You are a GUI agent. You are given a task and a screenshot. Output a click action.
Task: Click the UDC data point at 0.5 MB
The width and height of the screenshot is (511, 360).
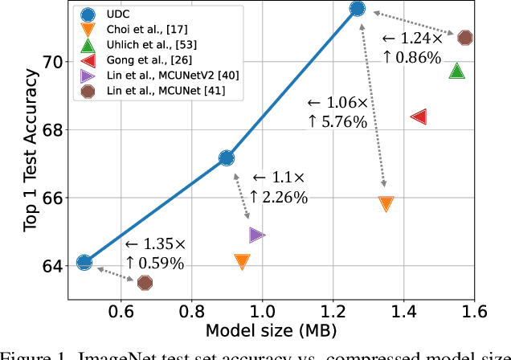click(x=84, y=262)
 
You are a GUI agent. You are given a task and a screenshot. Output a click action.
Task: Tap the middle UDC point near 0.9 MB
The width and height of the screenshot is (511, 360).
click(x=227, y=158)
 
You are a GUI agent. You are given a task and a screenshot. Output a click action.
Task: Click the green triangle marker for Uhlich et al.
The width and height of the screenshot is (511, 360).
click(x=457, y=71)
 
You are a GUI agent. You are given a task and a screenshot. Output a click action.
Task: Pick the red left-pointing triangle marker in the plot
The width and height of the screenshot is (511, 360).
click(x=418, y=117)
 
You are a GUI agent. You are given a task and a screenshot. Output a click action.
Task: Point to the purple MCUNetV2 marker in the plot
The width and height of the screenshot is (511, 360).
click(x=257, y=235)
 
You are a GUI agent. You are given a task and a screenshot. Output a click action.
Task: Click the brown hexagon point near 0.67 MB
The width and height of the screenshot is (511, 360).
click(x=145, y=282)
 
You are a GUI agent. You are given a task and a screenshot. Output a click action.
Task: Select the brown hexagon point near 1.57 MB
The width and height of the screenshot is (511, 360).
click(x=464, y=38)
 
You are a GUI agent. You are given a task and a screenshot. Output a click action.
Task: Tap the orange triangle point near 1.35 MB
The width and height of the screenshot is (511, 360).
click(x=386, y=204)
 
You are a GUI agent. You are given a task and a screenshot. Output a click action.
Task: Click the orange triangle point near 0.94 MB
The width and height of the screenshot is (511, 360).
click(x=242, y=261)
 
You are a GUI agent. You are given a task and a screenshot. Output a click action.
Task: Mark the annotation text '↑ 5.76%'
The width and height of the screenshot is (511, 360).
click(x=337, y=122)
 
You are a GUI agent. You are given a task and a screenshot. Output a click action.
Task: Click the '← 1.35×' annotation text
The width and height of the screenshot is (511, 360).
click(x=155, y=243)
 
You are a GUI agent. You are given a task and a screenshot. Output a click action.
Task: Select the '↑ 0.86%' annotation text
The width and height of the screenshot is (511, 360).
click(x=411, y=57)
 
